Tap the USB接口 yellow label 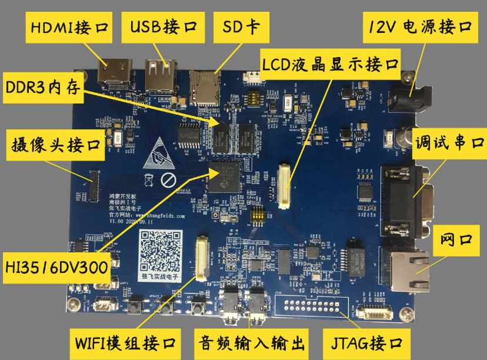pyautogui.click(x=163, y=28)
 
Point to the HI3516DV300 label pyautogui.click(x=56, y=267)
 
